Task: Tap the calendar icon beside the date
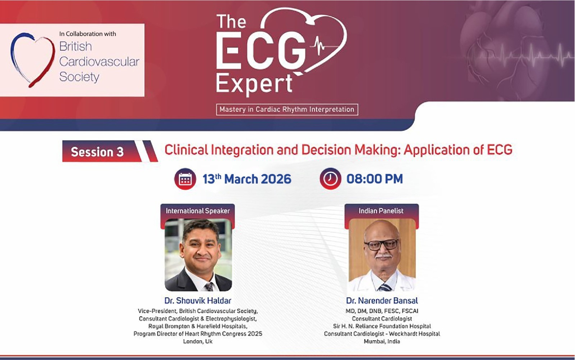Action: (185, 179)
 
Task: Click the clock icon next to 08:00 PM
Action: (330, 179)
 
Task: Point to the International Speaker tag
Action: (198, 211)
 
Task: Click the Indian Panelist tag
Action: (381, 211)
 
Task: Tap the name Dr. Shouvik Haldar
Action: (198, 300)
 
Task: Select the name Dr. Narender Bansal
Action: (382, 300)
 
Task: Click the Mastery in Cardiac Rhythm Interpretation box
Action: (287, 110)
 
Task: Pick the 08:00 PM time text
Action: (375, 179)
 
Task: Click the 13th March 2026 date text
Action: (247, 179)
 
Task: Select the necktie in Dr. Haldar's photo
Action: (209, 287)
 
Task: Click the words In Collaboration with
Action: (88, 34)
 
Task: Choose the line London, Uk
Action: (198, 342)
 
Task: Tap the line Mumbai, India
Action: (382, 342)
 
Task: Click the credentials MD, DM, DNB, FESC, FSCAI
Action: (382, 311)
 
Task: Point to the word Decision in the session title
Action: (326, 150)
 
